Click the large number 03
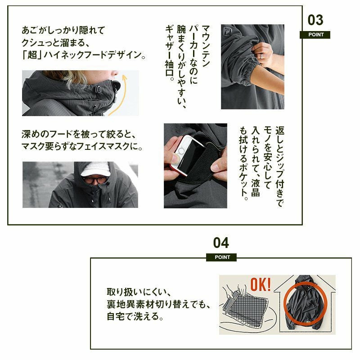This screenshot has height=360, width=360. (x=315, y=20)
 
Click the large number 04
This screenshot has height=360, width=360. (x=221, y=243)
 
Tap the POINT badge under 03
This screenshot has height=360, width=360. (x=315, y=35)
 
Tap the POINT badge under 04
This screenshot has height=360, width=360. (x=221, y=257)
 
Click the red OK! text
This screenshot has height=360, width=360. (x=261, y=284)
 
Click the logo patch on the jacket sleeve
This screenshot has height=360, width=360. (x=227, y=33)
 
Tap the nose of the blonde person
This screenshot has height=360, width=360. (x=115, y=73)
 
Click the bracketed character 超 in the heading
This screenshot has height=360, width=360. (x=32, y=55)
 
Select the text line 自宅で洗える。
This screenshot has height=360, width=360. (x=135, y=316)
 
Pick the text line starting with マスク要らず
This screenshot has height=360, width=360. (x=82, y=146)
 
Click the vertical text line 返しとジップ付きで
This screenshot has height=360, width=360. (x=280, y=166)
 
